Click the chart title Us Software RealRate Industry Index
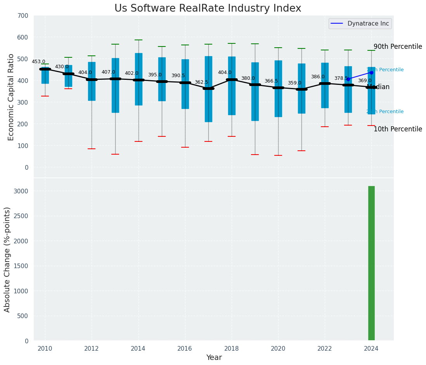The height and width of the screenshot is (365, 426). pyautogui.click(x=208, y=9)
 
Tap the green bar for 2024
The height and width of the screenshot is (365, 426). pyautogui.click(x=371, y=263)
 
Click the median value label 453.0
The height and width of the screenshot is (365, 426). pyautogui.click(x=38, y=62)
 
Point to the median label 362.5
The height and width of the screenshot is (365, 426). pyautogui.click(x=201, y=82)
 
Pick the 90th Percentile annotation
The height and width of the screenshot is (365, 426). pyautogui.click(x=398, y=46)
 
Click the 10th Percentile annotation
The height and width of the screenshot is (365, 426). pyautogui.click(x=398, y=129)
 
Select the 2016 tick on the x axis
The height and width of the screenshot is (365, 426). pyautogui.click(x=185, y=348)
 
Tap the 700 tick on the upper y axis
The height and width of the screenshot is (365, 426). pyautogui.click(x=23, y=15)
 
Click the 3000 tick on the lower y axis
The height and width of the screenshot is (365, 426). pyautogui.click(x=21, y=191)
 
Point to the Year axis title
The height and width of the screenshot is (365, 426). pyautogui.click(x=214, y=358)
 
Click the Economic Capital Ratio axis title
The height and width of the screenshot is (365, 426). pyautogui.click(x=11, y=97)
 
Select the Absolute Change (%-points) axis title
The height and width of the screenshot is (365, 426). pyautogui.click(x=7, y=259)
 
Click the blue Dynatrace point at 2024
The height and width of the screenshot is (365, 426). pyautogui.click(x=371, y=72)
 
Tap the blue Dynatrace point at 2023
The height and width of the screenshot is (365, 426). pyautogui.click(x=348, y=79)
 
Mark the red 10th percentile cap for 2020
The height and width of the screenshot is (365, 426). pyautogui.click(x=278, y=155)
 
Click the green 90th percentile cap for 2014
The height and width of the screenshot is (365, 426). pyautogui.click(x=138, y=40)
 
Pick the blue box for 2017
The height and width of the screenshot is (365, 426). pyautogui.click(x=208, y=89)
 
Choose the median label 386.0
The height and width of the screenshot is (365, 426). pyautogui.click(x=318, y=77)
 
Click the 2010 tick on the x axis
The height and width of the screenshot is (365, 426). pyautogui.click(x=45, y=348)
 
